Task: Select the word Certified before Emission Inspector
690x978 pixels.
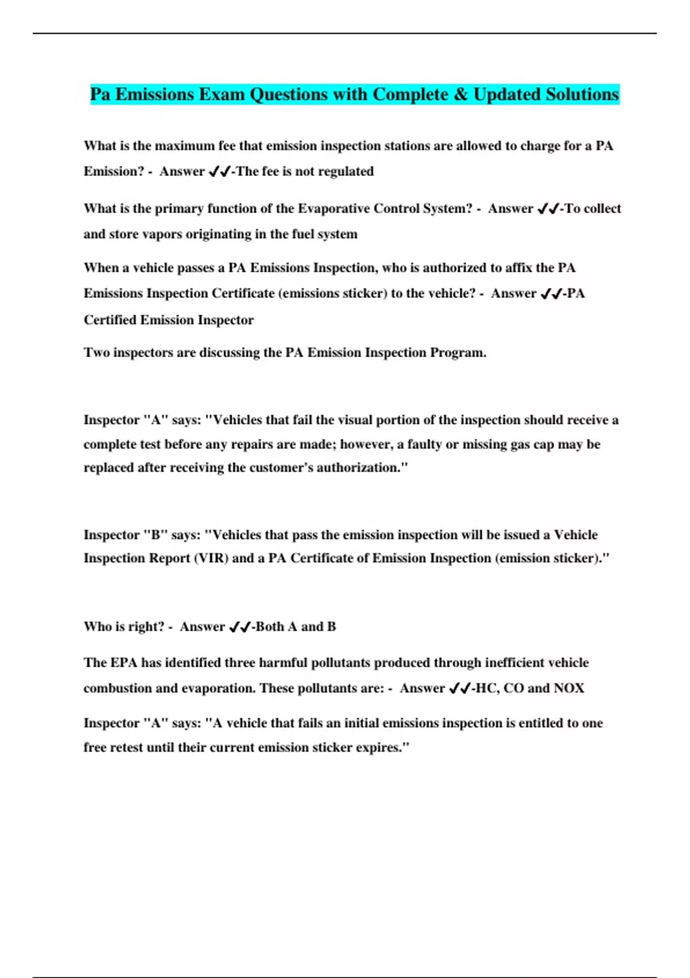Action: pyautogui.click(x=110, y=320)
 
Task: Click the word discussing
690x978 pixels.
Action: pyautogui.click(x=229, y=353)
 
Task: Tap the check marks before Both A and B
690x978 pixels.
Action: pyautogui.click(x=239, y=627)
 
